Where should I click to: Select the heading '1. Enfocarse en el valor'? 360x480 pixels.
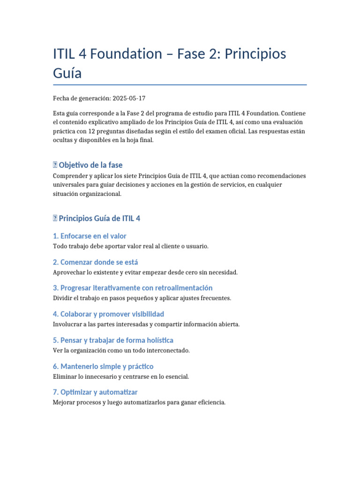tap(90, 236)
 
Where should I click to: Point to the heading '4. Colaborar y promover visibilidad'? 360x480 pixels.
tap(108, 314)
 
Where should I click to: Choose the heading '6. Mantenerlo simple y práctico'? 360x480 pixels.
tap(103, 367)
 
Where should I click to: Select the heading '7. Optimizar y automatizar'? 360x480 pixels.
tap(95, 392)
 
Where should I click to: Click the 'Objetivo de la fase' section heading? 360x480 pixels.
tap(90, 165)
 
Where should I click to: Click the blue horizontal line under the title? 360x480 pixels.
tap(180, 85)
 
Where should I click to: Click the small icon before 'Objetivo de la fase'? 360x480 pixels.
tap(55, 165)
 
